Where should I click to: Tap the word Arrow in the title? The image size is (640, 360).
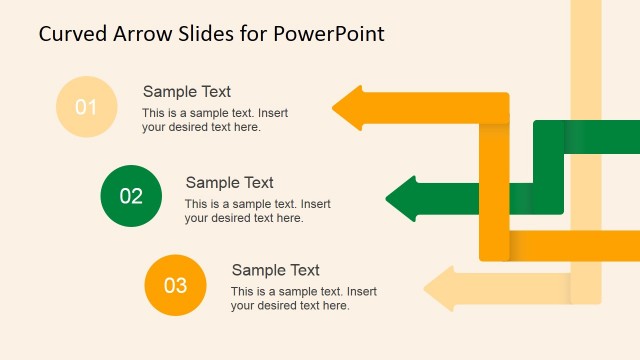(145, 34)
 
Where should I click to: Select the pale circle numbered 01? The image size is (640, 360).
(86, 106)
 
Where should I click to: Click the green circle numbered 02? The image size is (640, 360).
(131, 196)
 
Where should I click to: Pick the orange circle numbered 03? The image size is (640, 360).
(175, 285)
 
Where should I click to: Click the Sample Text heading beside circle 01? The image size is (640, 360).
(187, 92)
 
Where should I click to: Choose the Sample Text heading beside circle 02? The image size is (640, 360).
(230, 183)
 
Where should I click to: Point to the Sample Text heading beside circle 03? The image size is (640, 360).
(276, 270)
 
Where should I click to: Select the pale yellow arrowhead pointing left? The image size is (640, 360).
(440, 289)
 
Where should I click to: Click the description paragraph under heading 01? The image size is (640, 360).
(214, 120)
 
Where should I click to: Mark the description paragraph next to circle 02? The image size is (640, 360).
(257, 211)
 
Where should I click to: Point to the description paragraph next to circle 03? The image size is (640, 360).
(303, 298)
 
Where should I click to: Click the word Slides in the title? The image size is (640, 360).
(209, 34)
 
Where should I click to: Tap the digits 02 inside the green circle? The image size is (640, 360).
(131, 196)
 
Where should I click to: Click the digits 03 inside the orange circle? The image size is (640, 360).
(175, 285)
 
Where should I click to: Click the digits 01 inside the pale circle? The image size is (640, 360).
(86, 106)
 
